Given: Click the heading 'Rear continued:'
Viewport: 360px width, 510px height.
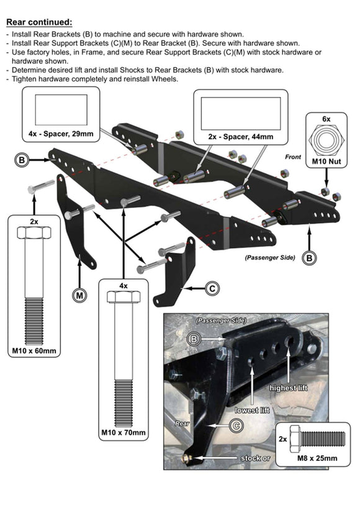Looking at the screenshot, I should pos(38,22).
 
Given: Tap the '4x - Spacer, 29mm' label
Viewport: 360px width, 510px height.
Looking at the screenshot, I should pos(61,134).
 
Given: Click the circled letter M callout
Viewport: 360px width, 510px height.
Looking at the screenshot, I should pos(79,296).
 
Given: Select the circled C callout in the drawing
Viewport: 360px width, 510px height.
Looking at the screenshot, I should pos(212,288).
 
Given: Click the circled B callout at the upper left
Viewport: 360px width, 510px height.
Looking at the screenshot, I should pos(21,160).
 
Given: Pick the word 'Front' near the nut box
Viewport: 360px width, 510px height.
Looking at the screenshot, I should pos(293,157).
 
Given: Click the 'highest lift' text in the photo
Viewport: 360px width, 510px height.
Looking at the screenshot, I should pos(289,388).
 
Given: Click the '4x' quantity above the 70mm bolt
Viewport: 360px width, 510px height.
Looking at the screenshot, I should pos(124,286).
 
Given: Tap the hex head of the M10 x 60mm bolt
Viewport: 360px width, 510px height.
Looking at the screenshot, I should pos(35,233).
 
